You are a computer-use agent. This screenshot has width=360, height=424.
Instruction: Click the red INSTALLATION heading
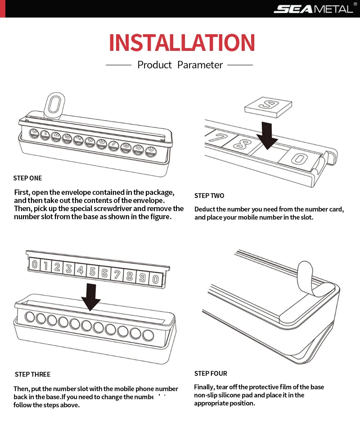pyautogui.click(x=182, y=43)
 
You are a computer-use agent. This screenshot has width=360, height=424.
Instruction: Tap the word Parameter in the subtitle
pyautogui.click(x=200, y=65)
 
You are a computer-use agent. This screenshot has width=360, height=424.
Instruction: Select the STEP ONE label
pyautogui.click(x=27, y=178)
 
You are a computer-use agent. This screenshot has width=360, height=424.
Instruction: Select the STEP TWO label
pyautogui.click(x=209, y=196)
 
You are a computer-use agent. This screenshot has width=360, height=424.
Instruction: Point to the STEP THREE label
pyautogui.click(x=32, y=374)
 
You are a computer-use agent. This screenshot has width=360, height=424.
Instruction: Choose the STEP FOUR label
pyautogui.click(x=211, y=374)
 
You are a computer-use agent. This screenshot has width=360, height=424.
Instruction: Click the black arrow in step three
pyautogui.click(x=91, y=297)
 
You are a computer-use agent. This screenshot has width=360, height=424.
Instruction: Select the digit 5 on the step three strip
pyautogui.click(x=92, y=271)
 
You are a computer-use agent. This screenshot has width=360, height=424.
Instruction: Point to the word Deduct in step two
pyautogui.click(x=205, y=209)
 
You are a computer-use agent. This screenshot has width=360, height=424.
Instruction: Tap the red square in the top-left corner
pyautogui.click(x=3, y=9)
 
